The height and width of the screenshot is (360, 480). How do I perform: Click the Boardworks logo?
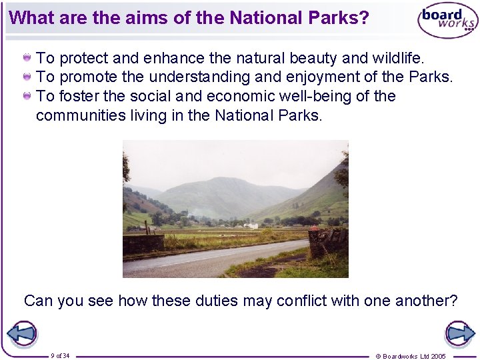pyautogui.click(x=447, y=21)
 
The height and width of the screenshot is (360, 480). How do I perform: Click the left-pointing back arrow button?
pyautogui.click(x=21, y=333)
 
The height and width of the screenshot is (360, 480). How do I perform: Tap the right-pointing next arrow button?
pyautogui.click(x=459, y=333)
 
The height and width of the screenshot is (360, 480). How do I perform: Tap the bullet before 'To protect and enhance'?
pyautogui.click(x=27, y=58)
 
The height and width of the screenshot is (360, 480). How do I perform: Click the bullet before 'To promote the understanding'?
pyautogui.click(x=27, y=77)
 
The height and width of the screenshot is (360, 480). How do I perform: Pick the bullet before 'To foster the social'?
pyautogui.click(x=27, y=97)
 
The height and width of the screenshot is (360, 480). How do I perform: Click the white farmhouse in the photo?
pyautogui.click(x=251, y=225)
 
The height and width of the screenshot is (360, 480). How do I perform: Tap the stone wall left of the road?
pyautogui.click(x=143, y=244)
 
